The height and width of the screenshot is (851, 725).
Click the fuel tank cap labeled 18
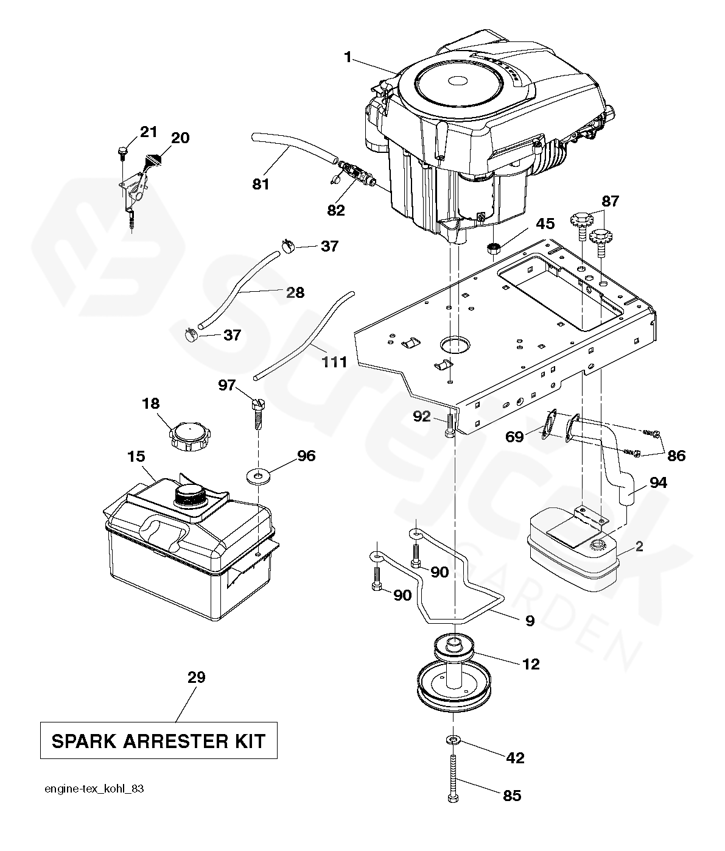pyautogui.click(x=190, y=437)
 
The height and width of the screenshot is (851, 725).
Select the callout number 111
pyautogui.click(x=334, y=362)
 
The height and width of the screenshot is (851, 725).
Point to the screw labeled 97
pyautogui.click(x=258, y=414)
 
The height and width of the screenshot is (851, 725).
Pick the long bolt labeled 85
pyautogui.click(x=453, y=778)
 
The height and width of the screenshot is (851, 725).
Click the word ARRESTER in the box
pyautogui.click(x=176, y=741)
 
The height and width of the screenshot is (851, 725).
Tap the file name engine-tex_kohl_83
pyautogui.click(x=94, y=789)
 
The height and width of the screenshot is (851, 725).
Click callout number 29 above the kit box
pyautogui.click(x=197, y=677)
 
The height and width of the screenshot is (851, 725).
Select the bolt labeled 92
pyautogui.click(x=449, y=426)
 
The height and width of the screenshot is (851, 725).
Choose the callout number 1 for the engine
pyautogui.click(x=348, y=57)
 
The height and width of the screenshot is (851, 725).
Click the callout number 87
pyautogui.click(x=610, y=201)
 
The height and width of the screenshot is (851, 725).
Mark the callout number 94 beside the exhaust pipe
pyautogui.click(x=658, y=482)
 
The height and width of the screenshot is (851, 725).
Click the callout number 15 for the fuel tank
pyautogui.click(x=136, y=456)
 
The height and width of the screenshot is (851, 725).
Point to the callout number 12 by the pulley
pyautogui.click(x=531, y=664)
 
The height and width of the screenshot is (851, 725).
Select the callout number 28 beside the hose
pyautogui.click(x=295, y=292)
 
